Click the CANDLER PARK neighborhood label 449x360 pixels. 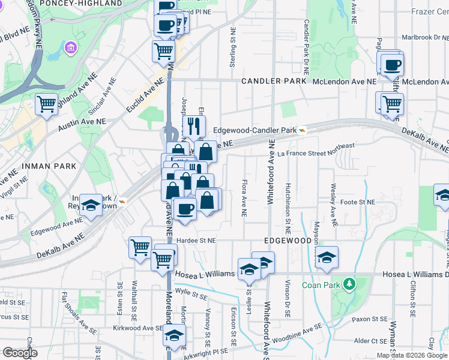274,81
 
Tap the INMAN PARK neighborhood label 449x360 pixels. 40,166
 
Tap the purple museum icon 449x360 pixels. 71,47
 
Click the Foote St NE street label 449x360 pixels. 357,202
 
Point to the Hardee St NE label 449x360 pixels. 196,240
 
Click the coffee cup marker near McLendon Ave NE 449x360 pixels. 392,65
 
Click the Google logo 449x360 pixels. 20,352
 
